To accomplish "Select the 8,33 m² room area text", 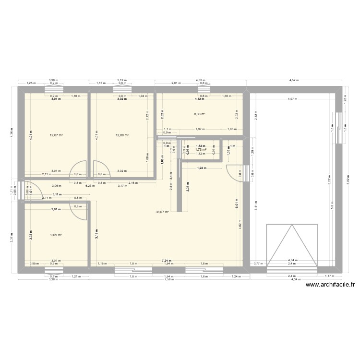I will [x=199, y=114].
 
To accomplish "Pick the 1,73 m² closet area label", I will [x=200, y=149].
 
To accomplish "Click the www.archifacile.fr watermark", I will [x=330, y=284].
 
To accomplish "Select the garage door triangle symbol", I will [x=292, y=245].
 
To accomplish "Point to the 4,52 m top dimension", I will [x=292, y=80].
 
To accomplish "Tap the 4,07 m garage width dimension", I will [x=292, y=99].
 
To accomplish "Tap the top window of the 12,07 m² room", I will [x=54, y=89].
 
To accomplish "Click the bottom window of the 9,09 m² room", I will [x=54, y=270].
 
